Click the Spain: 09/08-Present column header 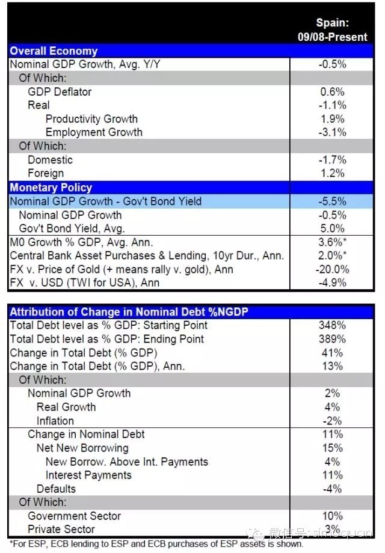pos(332,30)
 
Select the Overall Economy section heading pos(54,51)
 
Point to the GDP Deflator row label pos(60,92)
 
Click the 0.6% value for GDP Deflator pos(333,92)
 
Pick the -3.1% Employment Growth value pos(333,132)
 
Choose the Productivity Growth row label pos(91,119)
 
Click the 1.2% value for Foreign pos(333,174)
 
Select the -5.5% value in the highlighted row pos(333,201)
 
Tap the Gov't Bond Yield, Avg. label pos(72,228)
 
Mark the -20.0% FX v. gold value pos(333,269)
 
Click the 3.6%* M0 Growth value pos(333,242)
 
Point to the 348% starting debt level pos(333,325)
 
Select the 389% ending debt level pos(333,339)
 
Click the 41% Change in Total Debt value pos(333,353)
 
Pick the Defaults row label pos(56,489)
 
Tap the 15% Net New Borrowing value pos(333,448)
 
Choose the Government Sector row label pos(75,516)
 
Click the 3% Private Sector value pos(333,529)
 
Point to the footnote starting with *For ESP pos(156,545)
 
